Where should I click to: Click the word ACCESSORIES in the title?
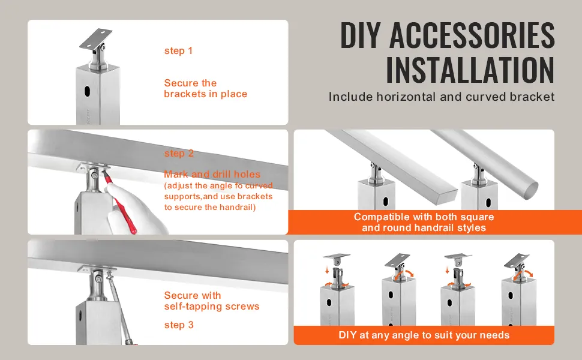point(472,35)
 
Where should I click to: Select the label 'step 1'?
point(179,51)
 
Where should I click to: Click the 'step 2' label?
point(179,153)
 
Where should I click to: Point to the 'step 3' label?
point(179,325)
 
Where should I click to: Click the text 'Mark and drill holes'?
point(212,174)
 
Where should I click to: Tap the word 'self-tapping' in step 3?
point(193,307)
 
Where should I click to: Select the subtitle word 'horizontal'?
point(406,97)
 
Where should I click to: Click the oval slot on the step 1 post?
point(88,91)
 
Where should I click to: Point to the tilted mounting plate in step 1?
point(96,39)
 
